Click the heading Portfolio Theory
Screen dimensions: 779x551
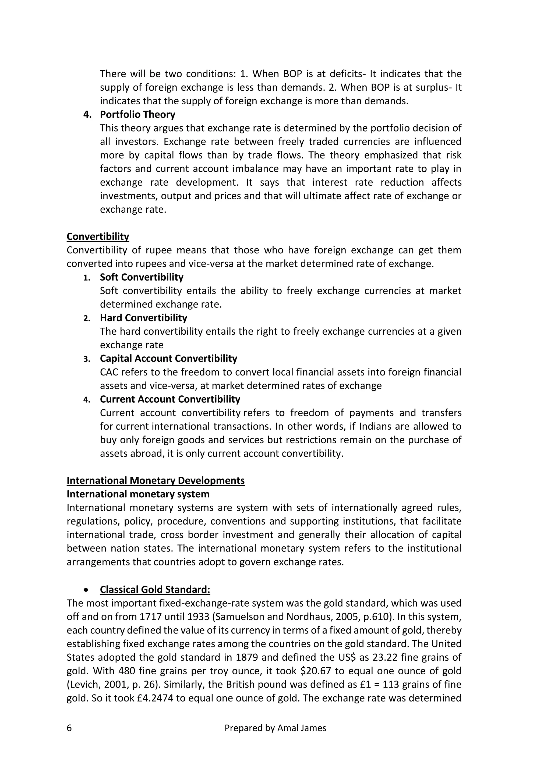click(x=137, y=115)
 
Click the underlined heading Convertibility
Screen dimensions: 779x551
click(x=98, y=236)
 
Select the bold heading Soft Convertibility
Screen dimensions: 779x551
click(x=142, y=277)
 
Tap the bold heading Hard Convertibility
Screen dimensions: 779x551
click(x=143, y=318)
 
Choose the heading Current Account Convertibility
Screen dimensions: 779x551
click(x=170, y=399)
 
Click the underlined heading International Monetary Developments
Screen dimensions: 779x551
click(x=156, y=480)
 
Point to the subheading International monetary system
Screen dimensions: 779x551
click(x=138, y=494)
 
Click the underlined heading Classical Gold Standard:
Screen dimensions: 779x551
click(x=155, y=590)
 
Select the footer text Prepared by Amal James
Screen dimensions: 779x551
click(x=275, y=728)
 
